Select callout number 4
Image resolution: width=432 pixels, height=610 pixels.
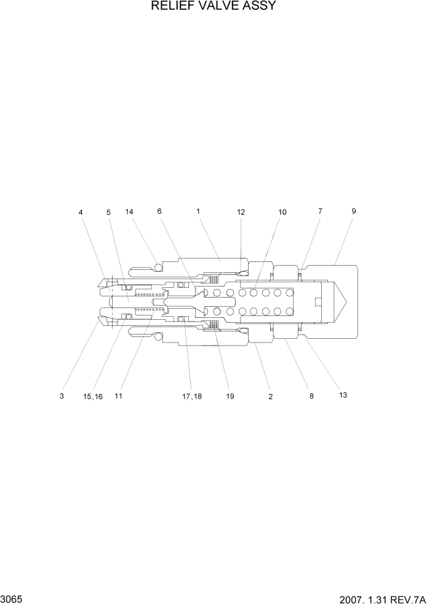81,212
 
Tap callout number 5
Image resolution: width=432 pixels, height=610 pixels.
108,212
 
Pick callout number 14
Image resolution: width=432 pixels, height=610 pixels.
129,212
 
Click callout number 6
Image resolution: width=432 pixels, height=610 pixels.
159,211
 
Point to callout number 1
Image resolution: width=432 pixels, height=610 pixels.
198,211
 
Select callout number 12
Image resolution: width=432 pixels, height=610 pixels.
241,212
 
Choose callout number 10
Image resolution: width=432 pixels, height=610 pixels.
282,212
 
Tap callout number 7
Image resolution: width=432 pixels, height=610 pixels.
320,211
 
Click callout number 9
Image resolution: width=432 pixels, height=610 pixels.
354,211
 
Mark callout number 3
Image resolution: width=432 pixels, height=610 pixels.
62,397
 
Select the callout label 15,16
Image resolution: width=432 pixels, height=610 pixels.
93,397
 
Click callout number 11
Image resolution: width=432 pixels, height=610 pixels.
118,397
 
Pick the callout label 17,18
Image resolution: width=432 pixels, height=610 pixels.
191,397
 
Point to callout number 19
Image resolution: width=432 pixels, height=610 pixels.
230,397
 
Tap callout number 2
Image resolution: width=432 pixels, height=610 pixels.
270,397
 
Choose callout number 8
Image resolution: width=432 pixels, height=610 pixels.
311,397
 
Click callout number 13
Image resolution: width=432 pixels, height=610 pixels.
343,395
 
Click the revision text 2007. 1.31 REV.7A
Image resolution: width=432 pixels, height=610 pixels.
382,599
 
